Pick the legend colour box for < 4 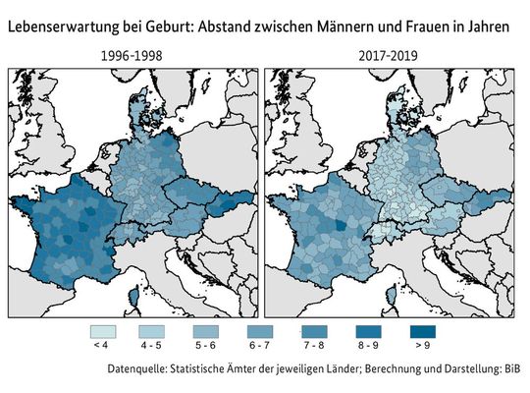point(100,332)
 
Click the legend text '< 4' point(100,347)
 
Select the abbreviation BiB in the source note point(509,370)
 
